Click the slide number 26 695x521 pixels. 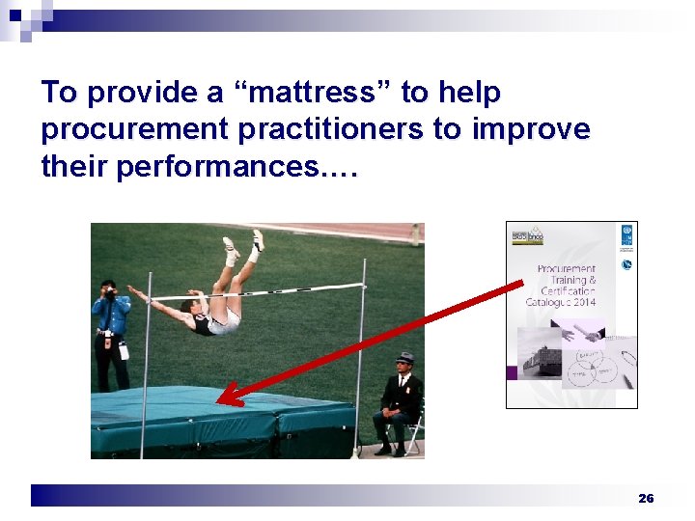tap(646, 498)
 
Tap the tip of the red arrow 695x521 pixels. tap(221, 401)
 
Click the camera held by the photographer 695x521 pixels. tap(110, 290)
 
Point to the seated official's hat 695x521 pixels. tap(404, 358)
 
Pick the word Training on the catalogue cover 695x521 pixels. tap(569, 281)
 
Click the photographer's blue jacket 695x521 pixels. tap(111, 314)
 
